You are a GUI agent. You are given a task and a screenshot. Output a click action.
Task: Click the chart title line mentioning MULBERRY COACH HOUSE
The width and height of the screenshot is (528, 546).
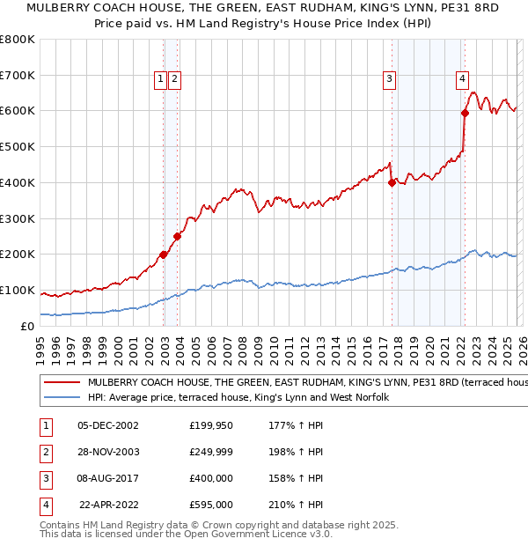263,8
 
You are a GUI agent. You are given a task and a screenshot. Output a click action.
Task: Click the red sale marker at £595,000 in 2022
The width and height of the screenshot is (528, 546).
465,112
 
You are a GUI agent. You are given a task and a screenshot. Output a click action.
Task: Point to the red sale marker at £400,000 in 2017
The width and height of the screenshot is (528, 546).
392,182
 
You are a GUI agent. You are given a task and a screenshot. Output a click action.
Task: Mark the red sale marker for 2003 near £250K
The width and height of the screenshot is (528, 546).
178,236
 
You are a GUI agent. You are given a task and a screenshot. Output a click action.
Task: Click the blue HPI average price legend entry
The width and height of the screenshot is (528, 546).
238,398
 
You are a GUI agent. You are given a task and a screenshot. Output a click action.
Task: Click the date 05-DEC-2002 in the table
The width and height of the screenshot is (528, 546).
107,425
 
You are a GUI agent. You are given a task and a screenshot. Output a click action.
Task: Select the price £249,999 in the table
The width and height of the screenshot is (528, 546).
210,452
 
